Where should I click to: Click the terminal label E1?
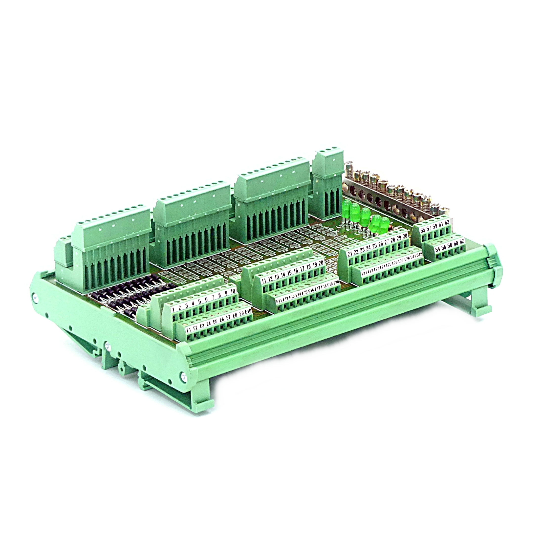point(189,330)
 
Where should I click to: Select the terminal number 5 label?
point(200,302)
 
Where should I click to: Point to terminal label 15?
point(289,272)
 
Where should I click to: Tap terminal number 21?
point(350,254)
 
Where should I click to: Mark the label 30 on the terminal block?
point(405,236)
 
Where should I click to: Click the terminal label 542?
point(419,255)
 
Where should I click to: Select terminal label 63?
point(447,222)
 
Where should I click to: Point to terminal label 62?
point(462,241)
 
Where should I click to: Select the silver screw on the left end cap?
point(36,298)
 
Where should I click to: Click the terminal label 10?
point(233,291)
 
